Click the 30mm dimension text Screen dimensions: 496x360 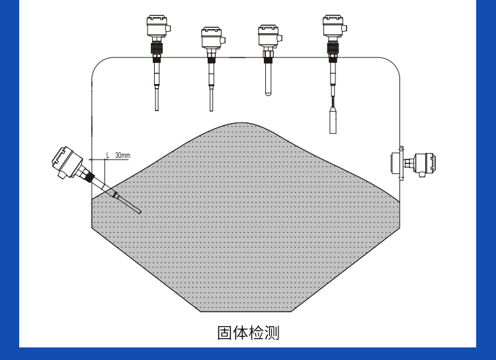pos(123,156)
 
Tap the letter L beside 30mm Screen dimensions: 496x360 pos(108,156)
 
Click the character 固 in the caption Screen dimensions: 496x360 pos(226,333)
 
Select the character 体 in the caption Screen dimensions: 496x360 pos(241,333)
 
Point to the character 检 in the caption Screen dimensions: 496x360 pos(256,333)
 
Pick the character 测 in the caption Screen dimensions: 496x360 pos(272,333)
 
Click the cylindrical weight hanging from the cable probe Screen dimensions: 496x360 pos(333,120)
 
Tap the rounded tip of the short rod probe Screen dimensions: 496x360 pos(268,93)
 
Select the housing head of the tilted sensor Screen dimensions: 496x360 pos(66,161)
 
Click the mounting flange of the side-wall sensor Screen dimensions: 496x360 pos(401,163)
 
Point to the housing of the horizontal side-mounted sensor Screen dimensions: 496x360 pos(425,164)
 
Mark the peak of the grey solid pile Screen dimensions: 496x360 pos(241,123)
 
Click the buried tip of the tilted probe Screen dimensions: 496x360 pos(139,212)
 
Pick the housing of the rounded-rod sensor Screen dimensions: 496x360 pos(269,36)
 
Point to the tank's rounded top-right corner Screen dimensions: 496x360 pos(393,64)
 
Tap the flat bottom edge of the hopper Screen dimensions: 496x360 pos(246,312)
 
